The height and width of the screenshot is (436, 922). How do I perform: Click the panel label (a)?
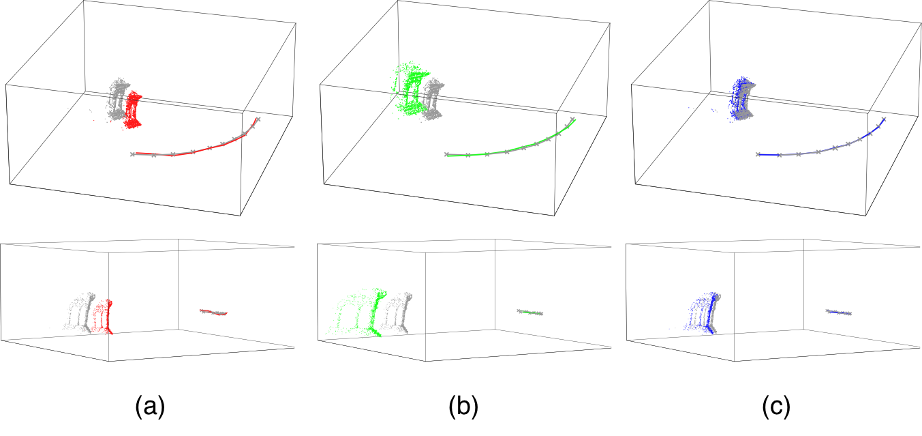150,407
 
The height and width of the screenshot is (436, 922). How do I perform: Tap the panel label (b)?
463,407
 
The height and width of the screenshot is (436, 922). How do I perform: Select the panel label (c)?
776,407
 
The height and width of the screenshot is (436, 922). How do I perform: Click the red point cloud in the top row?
133,111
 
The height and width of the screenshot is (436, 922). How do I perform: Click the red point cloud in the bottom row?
103,317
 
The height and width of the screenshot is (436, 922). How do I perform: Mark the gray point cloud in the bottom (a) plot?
80,312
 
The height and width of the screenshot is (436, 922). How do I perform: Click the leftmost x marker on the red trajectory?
132,154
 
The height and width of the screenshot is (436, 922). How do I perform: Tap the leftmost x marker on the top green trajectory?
446,154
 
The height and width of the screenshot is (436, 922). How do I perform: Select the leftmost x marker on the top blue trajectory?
758,154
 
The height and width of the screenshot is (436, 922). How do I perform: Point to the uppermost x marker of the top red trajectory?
258,119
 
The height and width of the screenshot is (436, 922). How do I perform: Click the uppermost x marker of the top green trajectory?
572,119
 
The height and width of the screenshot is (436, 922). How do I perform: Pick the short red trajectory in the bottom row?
213,312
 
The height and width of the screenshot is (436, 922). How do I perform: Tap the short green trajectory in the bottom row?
530,313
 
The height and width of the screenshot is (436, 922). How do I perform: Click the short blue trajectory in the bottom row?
838,313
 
